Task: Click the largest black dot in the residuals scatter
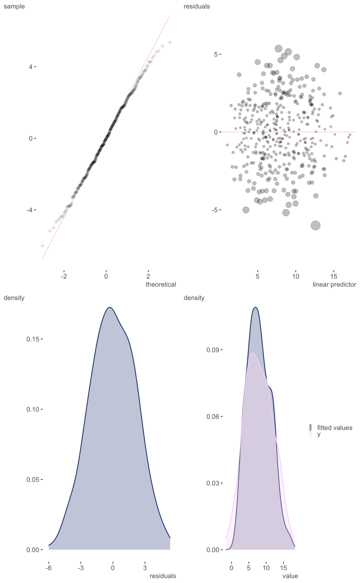(315, 226)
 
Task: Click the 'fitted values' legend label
(334, 428)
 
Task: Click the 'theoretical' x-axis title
(160, 285)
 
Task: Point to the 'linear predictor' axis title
(334, 285)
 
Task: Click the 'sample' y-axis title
(14, 7)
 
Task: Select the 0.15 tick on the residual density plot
(34, 339)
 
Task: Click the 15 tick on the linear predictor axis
(334, 276)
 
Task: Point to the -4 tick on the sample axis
(30, 210)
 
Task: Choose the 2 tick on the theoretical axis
(148, 276)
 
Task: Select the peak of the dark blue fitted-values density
(255, 307)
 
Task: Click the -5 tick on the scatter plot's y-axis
(215, 210)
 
